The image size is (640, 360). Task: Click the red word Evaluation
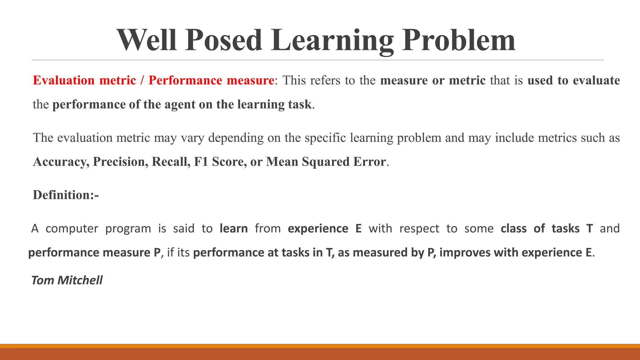click(64, 80)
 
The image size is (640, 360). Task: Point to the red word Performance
click(185, 80)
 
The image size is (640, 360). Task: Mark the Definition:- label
click(66, 195)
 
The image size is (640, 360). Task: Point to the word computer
click(72, 229)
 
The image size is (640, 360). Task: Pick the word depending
click(236, 138)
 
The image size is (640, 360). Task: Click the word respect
click(419, 229)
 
